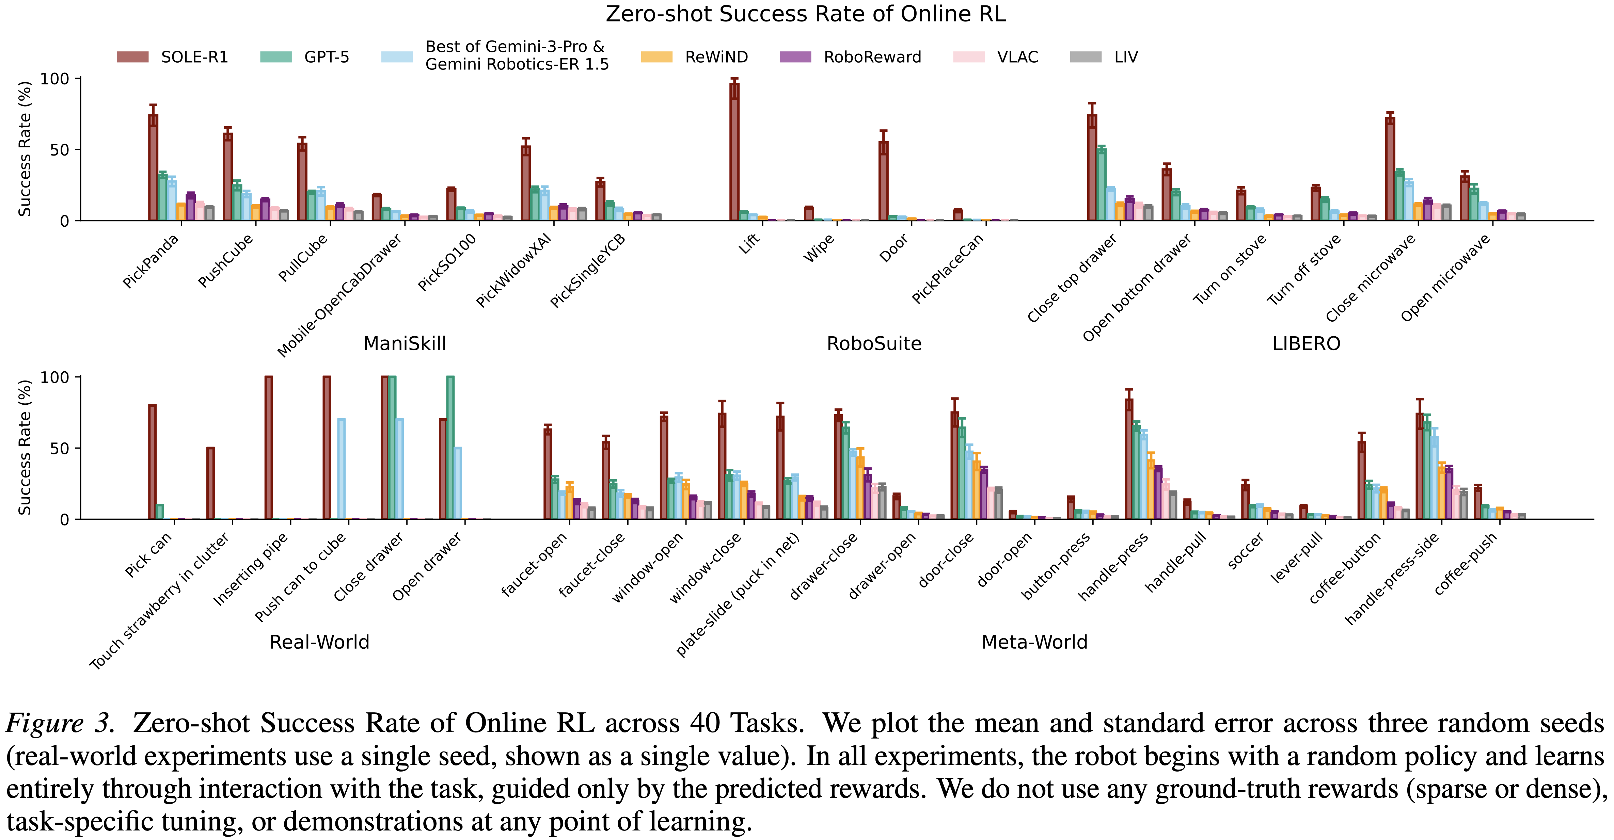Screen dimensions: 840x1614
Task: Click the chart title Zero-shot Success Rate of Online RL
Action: tap(806, 14)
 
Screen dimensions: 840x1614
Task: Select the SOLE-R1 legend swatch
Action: tap(133, 57)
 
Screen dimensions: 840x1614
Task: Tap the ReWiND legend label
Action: tap(716, 57)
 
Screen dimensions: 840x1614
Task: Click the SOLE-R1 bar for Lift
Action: tap(734, 154)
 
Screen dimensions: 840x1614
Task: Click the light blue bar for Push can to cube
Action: tap(342, 470)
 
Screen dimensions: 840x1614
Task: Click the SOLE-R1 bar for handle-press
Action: tap(1129, 461)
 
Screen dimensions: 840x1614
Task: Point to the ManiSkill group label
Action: tap(405, 343)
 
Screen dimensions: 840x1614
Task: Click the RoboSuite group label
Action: tap(874, 343)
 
